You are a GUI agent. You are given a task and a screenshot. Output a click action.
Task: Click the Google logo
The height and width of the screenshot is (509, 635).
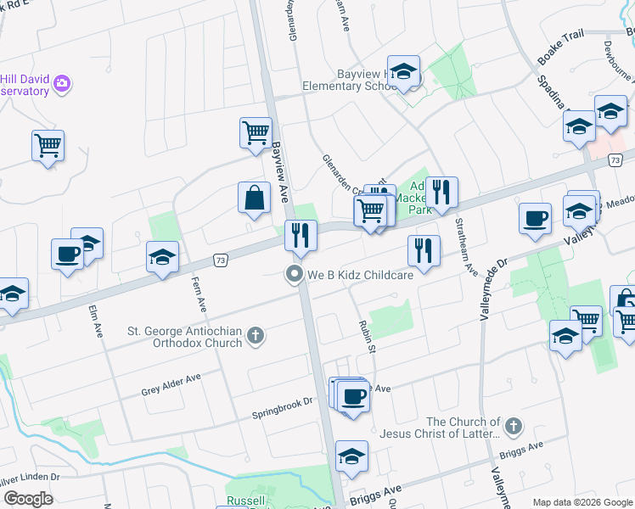[x=27, y=499]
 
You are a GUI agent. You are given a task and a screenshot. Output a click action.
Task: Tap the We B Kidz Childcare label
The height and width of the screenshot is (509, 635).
[x=361, y=274]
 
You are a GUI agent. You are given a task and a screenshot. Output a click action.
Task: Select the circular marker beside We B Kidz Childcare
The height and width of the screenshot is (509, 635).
[x=295, y=274]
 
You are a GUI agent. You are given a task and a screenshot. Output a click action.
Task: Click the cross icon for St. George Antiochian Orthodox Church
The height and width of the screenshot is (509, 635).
[x=255, y=337]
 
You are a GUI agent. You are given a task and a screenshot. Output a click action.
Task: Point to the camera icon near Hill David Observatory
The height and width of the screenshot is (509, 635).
[x=61, y=83]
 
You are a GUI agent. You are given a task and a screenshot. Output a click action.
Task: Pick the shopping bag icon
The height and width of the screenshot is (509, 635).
[x=254, y=199]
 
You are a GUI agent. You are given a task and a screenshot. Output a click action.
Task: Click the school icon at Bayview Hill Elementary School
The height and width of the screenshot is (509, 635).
[x=404, y=72]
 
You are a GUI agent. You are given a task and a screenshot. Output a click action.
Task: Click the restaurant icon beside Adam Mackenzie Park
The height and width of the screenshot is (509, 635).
[x=441, y=193]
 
